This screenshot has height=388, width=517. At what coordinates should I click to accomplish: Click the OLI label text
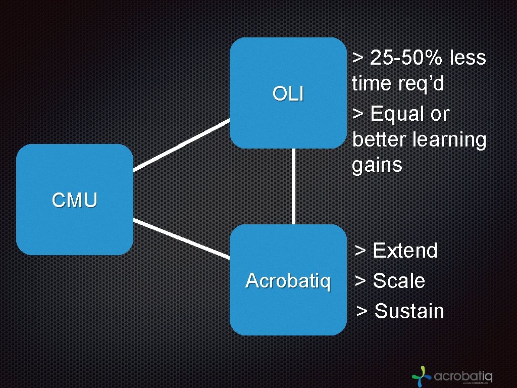coord(288,93)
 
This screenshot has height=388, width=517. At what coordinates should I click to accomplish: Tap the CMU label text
coord(74,201)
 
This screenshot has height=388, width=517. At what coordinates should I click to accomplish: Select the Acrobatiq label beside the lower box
coord(288,281)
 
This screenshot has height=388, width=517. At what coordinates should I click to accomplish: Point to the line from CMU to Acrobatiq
coord(181,239)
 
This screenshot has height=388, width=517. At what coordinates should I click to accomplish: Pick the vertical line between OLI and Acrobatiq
coord(293,186)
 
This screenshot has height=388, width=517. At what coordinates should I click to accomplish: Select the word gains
coord(377,165)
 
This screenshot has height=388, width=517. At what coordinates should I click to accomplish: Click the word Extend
coord(405,251)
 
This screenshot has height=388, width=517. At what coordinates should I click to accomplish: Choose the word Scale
coord(398,281)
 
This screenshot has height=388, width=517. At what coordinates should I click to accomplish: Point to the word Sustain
coord(409,311)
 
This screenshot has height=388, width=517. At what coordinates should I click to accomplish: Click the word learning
coord(449,140)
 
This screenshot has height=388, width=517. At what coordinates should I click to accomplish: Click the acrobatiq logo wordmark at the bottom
coord(463,376)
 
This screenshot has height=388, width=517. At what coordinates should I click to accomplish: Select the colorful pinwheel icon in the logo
coord(421,375)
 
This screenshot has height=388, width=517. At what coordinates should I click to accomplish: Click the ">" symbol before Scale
coord(360,281)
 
